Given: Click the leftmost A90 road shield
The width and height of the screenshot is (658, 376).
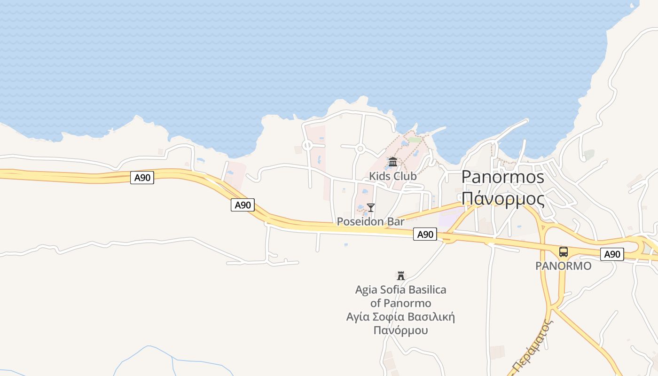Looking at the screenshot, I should (142, 178).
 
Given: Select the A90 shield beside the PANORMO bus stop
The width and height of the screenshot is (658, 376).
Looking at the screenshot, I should (612, 254).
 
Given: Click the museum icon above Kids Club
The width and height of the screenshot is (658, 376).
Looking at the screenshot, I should (393, 162).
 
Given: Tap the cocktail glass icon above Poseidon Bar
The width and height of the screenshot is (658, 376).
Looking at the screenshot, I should (371, 207).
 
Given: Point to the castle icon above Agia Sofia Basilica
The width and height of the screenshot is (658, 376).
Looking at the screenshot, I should (401, 275).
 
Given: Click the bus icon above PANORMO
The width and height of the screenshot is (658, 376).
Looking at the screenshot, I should (564, 252).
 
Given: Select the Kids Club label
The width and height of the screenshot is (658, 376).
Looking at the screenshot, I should (392, 176).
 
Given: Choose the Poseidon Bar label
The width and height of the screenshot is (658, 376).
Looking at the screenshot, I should (370, 221).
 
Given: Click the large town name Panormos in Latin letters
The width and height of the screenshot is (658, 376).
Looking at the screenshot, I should (502, 177).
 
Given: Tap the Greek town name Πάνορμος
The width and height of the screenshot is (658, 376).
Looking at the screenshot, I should (503, 199).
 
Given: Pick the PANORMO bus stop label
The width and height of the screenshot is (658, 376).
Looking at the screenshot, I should (563, 266).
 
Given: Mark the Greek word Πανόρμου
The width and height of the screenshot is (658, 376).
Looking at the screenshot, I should (400, 330).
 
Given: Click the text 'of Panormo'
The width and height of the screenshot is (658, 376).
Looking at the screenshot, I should (400, 303).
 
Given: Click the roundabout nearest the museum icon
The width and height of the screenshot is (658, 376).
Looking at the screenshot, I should (360, 149).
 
